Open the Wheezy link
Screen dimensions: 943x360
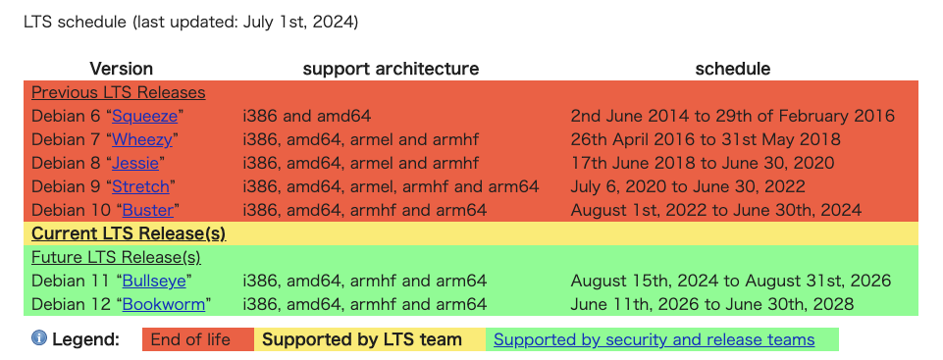point(142,139)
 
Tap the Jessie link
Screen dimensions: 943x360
point(135,163)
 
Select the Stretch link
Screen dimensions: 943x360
point(140,186)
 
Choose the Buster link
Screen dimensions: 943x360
point(148,210)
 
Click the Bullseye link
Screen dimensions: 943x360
point(155,281)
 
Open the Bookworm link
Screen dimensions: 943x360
point(164,304)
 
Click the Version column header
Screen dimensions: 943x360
point(122,69)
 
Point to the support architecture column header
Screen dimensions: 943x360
point(391,69)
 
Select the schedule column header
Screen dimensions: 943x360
point(732,69)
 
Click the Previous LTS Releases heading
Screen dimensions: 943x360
point(119,92)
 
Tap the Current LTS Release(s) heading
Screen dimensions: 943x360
point(129,233)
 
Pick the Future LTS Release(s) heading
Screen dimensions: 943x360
point(116,257)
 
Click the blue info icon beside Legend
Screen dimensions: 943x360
point(39,338)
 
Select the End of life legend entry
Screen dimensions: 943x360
point(190,339)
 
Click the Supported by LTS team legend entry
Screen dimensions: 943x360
point(362,339)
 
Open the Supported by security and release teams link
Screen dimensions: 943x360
point(655,339)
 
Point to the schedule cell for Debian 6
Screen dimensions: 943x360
point(732,116)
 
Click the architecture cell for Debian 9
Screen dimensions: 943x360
point(391,186)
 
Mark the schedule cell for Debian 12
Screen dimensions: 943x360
point(712,304)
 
